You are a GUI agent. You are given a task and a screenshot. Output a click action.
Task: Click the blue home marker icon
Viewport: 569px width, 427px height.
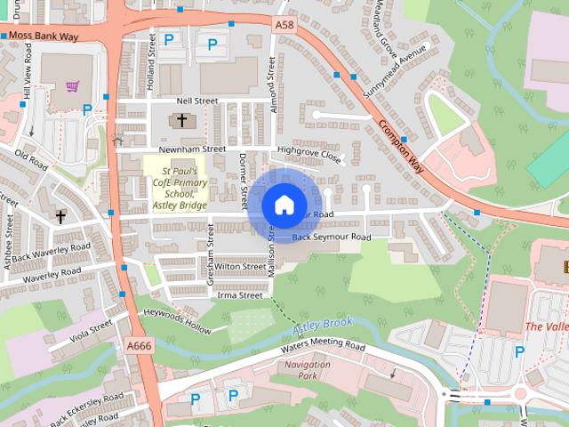[x=284, y=205]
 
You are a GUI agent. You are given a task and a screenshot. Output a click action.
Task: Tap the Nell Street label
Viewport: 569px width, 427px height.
[x=196, y=101]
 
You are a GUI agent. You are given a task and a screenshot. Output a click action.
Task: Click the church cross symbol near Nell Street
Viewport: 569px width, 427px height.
[x=182, y=120]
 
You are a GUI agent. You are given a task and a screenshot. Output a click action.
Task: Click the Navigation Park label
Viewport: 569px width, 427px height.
[x=308, y=371]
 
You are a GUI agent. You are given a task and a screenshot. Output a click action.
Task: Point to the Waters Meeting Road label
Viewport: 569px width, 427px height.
[x=323, y=346]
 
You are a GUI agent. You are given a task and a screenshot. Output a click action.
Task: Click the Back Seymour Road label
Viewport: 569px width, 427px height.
[x=331, y=238]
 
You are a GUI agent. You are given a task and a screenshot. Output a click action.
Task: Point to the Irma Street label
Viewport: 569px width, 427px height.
[x=239, y=294]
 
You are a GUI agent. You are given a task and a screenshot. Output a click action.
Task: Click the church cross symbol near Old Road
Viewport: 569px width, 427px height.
[x=61, y=216]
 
